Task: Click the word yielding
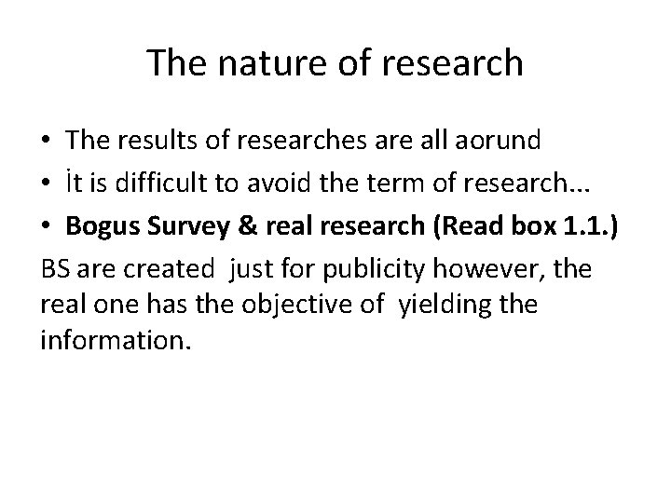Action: click(x=443, y=305)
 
